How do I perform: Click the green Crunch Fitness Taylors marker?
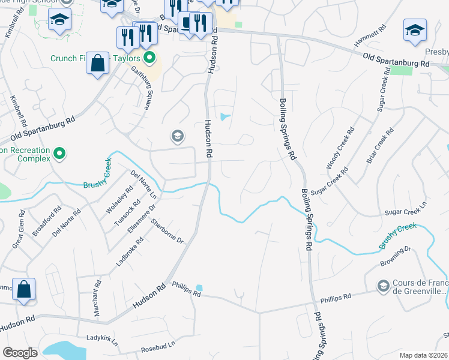click(x=149, y=58)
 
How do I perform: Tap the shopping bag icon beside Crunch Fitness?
click(x=98, y=63)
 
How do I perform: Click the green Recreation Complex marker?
click(x=59, y=154)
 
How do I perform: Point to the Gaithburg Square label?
click(x=142, y=88)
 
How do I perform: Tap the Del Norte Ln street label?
click(x=143, y=184)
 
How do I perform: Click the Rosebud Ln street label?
click(x=157, y=347)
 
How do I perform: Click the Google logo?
click(x=20, y=353)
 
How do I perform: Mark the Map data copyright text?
click(x=424, y=355)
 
